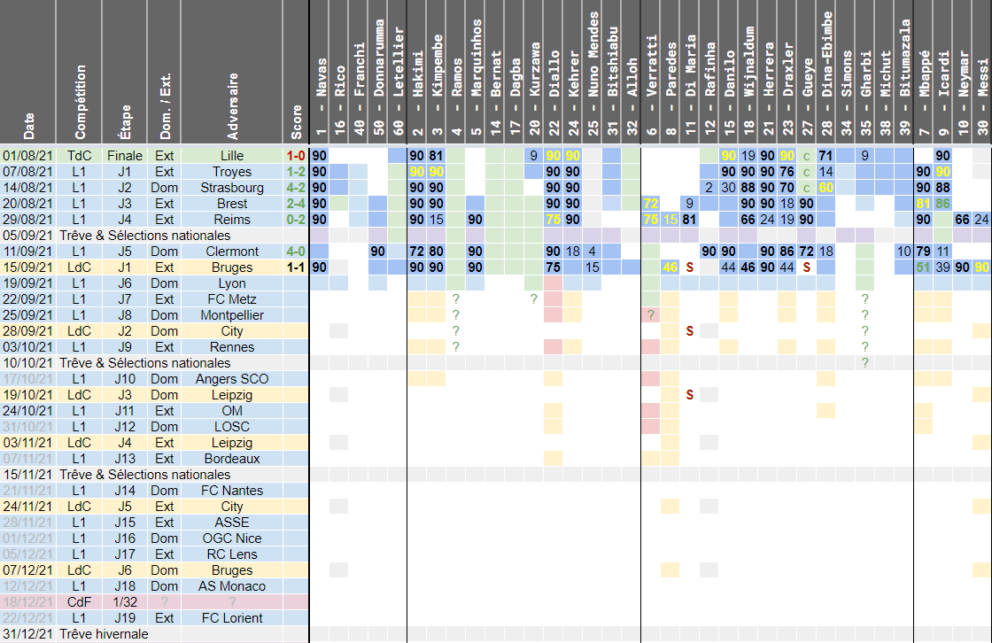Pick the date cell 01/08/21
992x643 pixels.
click(28, 156)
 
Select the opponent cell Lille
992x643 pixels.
click(232, 156)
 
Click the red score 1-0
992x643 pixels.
click(296, 156)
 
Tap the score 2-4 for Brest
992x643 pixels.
click(296, 204)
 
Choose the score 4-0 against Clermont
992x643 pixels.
click(296, 252)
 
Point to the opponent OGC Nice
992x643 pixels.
click(232, 538)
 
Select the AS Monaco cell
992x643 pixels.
click(232, 586)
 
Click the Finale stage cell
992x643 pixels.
click(124, 156)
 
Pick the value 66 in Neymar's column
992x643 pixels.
click(963, 220)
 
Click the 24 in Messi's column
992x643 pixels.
click(981, 220)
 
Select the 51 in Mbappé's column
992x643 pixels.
click(924, 267)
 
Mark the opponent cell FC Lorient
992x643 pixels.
click(232, 618)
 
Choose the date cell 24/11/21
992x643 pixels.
click(28, 507)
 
